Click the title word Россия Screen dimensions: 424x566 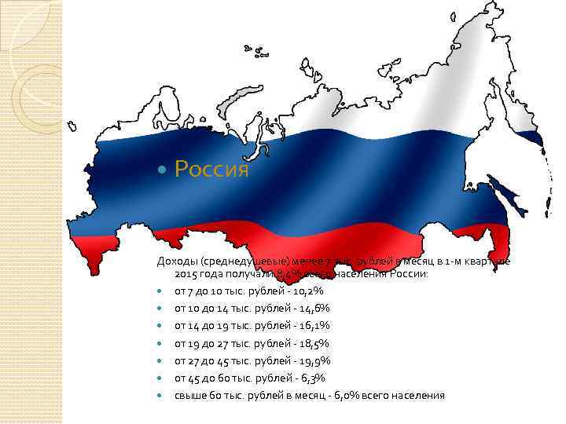(x=211, y=169)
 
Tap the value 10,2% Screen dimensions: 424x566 (x=307, y=291)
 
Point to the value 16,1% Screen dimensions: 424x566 (x=314, y=326)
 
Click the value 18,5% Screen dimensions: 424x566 (x=314, y=343)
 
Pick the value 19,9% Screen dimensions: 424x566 (x=314, y=360)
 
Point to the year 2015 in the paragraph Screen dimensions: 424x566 (x=186, y=274)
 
